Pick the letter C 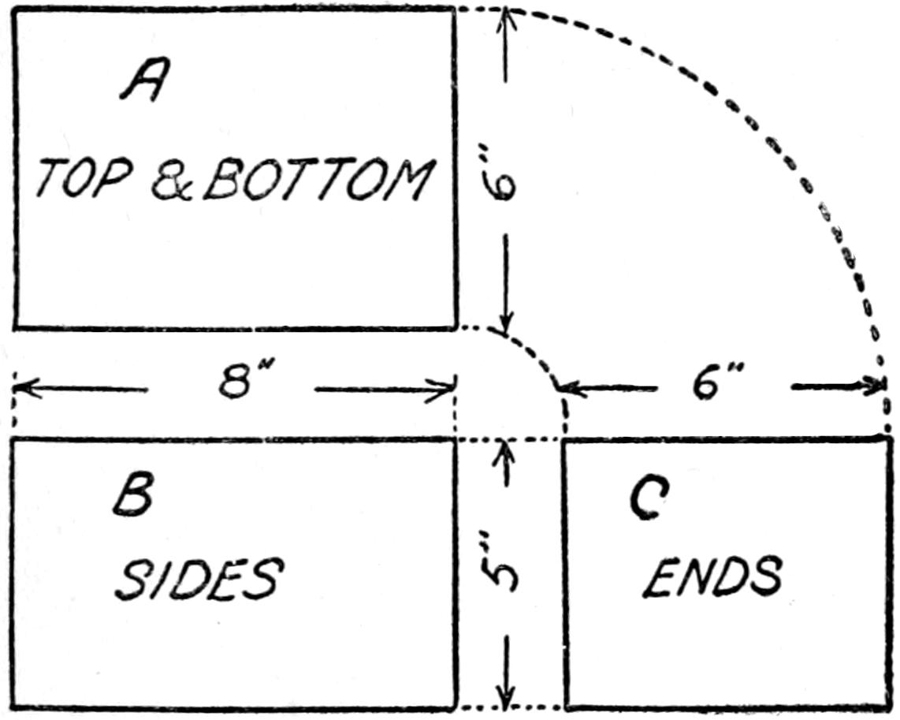[x=649, y=499]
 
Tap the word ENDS [x=712, y=576]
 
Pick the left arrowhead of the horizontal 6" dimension [x=568, y=390]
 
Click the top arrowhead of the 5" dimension [x=505, y=450]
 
